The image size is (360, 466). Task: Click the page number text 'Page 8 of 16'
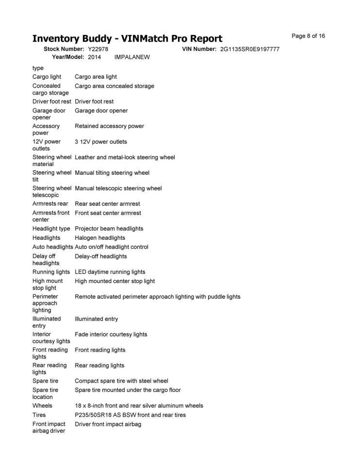click(308, 36)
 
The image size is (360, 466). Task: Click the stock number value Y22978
click(98, 50)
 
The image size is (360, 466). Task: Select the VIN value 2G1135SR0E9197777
click(249, 50)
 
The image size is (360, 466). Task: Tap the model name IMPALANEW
click(132, 57)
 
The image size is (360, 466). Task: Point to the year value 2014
click(95, 57)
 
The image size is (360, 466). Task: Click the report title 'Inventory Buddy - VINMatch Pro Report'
click(127, 38)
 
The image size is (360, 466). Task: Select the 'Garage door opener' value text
click(101, 111)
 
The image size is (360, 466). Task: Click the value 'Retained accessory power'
click(109, 126)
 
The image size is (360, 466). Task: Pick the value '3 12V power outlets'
click(100, 142)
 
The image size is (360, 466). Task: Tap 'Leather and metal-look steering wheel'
click(125, 157)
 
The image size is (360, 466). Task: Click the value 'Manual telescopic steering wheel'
click(118, 188)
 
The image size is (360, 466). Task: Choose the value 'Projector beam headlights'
click(109, 229)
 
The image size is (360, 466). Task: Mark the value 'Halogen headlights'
click(99, 238)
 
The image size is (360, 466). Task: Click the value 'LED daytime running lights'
click(110, 272)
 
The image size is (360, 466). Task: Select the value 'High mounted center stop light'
click(115, 281)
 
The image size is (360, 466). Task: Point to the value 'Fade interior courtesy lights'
click(111, 334)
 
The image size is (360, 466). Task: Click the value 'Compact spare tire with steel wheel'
click(121, 381)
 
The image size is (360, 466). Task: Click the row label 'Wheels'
click(42, 406)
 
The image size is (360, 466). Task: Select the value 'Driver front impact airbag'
click(108, 424)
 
